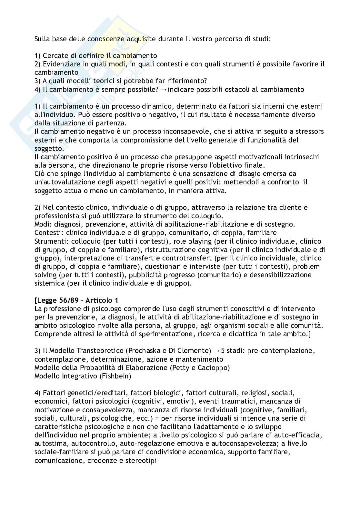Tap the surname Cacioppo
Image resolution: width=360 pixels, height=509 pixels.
coord(212,367)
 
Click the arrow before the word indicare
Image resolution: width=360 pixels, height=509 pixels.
coord(164,90)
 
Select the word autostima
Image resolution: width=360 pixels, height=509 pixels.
coord(51,443)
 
